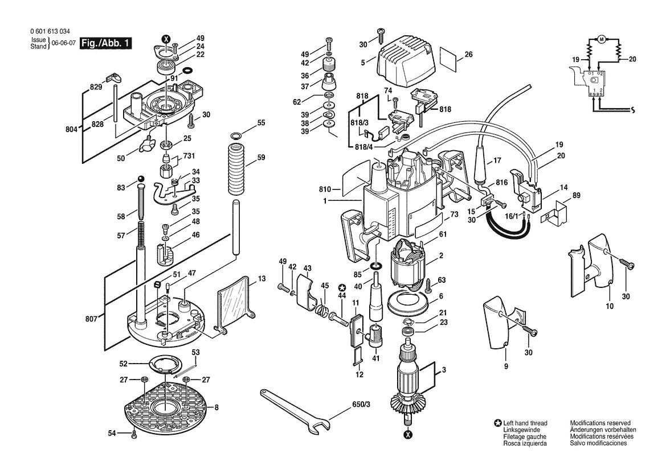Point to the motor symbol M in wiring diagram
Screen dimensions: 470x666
click(601, 39)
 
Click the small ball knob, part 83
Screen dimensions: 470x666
click(141, 180)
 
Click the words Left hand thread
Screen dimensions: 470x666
click(525, 423)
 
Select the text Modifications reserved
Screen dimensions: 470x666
click(600, 423)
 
